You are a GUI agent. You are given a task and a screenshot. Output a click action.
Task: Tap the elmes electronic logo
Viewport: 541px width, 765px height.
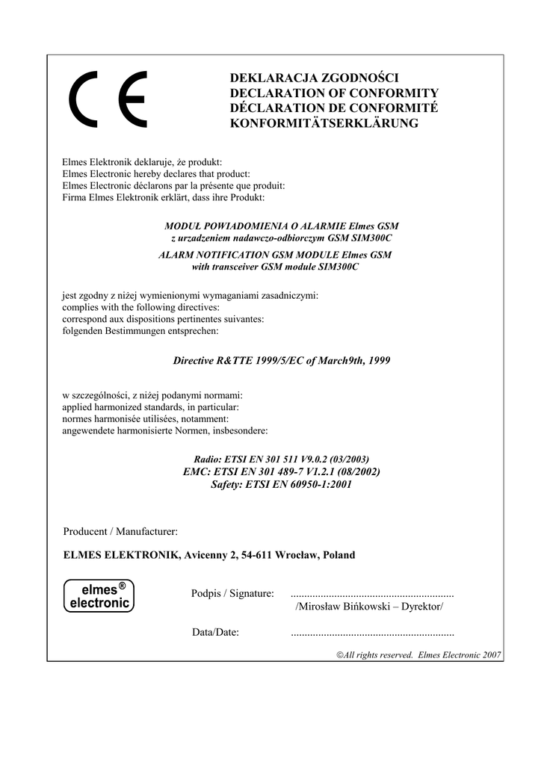click(99, 595)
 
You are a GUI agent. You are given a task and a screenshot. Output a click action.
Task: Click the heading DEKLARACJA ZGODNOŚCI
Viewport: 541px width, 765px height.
click(315, 78)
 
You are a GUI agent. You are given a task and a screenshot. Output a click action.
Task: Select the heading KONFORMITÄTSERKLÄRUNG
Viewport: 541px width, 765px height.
click(324, 123)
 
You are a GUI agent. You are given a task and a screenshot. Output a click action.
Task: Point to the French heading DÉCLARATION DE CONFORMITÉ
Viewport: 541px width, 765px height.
click(333, 108)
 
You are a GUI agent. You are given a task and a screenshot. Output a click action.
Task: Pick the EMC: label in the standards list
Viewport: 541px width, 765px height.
click(197, 471)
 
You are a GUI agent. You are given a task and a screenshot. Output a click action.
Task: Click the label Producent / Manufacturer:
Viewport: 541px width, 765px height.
click(120, 531)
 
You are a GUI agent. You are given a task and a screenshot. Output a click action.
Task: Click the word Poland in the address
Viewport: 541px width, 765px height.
click(338, 555)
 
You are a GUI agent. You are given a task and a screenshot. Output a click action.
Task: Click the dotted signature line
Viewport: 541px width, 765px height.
click(371, 594)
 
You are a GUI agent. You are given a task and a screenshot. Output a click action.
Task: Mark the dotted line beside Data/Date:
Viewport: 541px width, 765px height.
click(371, 634)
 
